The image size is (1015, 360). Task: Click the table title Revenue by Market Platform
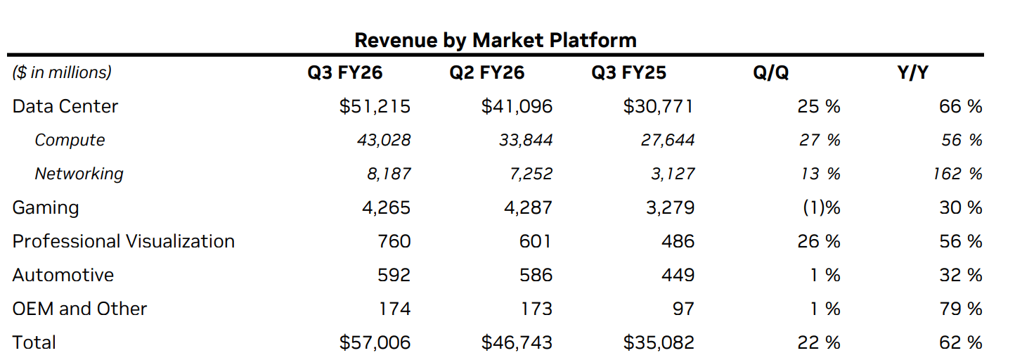(x=495, y=40)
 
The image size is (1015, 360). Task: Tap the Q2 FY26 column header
(x=487, y=72)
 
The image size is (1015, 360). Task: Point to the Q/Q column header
(x=771, y=72)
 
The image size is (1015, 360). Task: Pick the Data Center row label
(x=65, y=106)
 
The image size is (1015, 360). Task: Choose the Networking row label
(x=79, y=174)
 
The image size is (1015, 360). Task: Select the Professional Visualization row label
(x=124, y=241)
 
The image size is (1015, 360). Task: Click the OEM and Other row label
(x=79, y=309)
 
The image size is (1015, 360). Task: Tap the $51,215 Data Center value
(x=375, y=106)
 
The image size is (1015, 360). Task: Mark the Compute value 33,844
(x=526, y=140)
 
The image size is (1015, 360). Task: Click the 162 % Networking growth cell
(x=957, y=174)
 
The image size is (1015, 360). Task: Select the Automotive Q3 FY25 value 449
(x=678, y=275)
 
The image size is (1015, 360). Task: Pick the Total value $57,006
(x=375, y=342)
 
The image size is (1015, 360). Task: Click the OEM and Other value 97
(x=683, y=309)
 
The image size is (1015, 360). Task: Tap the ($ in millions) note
(x=62, y=72)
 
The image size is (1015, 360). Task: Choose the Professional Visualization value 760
(x=394, y=241)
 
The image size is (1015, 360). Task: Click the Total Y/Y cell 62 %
(x=960, y=342)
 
